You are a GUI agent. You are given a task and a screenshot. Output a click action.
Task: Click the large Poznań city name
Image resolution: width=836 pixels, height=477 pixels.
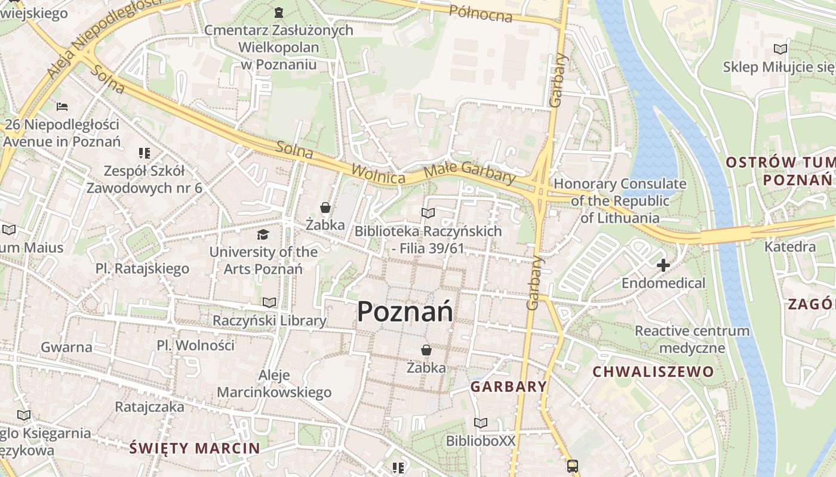[405, 312]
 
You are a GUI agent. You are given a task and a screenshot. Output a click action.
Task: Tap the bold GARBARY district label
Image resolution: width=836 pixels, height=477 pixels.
[509, 386]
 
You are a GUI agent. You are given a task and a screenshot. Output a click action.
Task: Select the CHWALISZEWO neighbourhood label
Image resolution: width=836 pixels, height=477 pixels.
[653, 372]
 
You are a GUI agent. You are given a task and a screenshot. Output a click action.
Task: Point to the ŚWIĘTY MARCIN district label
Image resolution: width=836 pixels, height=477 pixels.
[195, 448]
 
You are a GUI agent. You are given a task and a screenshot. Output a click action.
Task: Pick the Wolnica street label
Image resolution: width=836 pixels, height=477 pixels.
[379, 174]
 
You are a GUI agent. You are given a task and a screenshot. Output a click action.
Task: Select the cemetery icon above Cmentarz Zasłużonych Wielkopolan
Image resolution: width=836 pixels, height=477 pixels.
[278, 12]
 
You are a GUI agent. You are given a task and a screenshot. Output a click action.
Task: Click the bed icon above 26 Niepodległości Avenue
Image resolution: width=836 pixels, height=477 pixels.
[62, 107]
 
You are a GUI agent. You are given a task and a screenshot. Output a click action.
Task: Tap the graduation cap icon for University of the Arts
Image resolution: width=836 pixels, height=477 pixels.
[263, 234]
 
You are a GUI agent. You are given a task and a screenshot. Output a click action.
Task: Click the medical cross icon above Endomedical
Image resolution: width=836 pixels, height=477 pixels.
[663, 265]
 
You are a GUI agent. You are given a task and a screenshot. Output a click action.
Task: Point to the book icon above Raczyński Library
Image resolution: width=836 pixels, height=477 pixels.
[269, 303]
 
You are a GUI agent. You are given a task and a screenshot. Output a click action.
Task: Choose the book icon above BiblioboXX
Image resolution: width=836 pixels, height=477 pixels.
[481, 423]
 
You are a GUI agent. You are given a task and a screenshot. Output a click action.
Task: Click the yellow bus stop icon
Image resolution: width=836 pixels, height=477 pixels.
[572, 466]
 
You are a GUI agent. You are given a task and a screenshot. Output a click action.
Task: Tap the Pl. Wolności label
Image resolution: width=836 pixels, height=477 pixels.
[196, 345]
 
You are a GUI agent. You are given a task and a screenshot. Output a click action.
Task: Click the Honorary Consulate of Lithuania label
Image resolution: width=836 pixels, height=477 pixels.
[620, 201]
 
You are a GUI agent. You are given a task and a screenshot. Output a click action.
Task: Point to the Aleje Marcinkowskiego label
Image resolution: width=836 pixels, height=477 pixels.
[274, 383]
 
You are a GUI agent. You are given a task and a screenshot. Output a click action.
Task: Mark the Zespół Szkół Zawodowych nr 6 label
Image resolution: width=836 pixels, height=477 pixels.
[145, 179]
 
